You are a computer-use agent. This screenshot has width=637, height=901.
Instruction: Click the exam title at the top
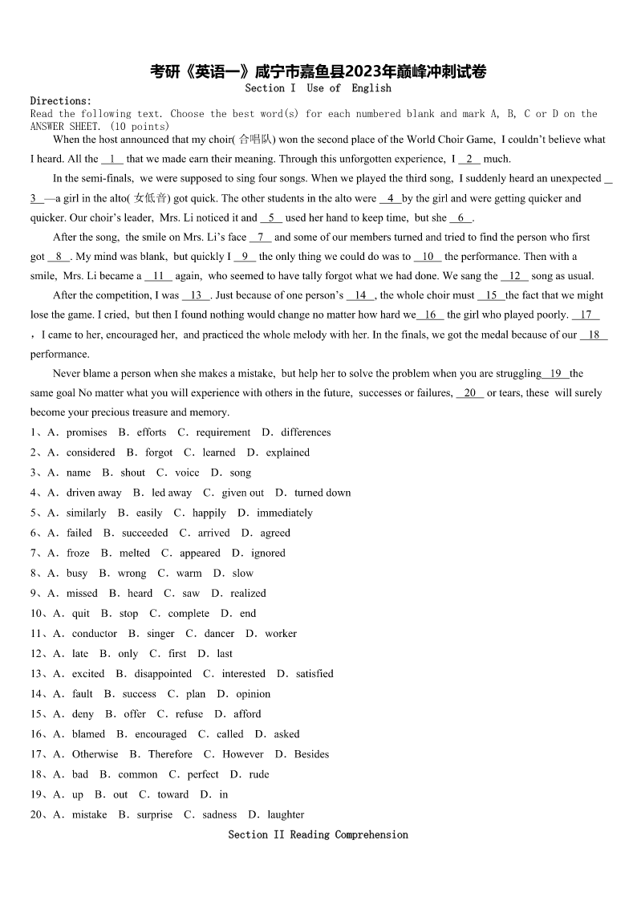pyautogui.click(x=318, y=72)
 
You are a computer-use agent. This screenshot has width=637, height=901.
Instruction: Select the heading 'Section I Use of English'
pyautogui.click(x=318, y=88)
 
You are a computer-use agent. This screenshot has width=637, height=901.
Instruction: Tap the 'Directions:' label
pyautogui.click(x=61, y=101)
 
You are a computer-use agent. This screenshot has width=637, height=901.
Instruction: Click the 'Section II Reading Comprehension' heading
pyautogui.click(x=318, y=834)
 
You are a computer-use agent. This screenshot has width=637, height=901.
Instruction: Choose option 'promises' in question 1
pyautogui.click(x=86, y=432)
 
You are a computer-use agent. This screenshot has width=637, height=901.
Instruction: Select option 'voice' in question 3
pyautogui.click(x=187, y=473)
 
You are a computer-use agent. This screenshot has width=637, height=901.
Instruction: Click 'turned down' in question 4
pyautogui.click(x=322, y=493)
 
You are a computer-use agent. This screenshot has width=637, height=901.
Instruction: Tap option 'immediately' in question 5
pyautogui.click(x=285, y=513)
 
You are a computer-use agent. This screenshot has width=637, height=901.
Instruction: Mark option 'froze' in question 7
pyautogui.click(x=78, y=553)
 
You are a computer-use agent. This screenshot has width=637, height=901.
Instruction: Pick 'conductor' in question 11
pyautogui.click(x=94, y=634)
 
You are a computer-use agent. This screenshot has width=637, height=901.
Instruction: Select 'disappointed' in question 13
pyautogui.click(x=163, y=674)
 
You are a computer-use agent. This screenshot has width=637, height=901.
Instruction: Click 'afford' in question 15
pyautogui.click(x=247, y=714)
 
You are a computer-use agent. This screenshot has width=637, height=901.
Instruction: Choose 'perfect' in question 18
pyautogui.click(x=202, y=774)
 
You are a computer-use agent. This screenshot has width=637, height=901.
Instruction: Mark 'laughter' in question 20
pyautogui.click(x=286, y=814)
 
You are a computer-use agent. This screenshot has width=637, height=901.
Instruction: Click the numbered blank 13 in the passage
pyautogui.click(x=196, y=295)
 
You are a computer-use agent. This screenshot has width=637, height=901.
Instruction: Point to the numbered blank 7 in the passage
pyautogui.click(x=261, y=237)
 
